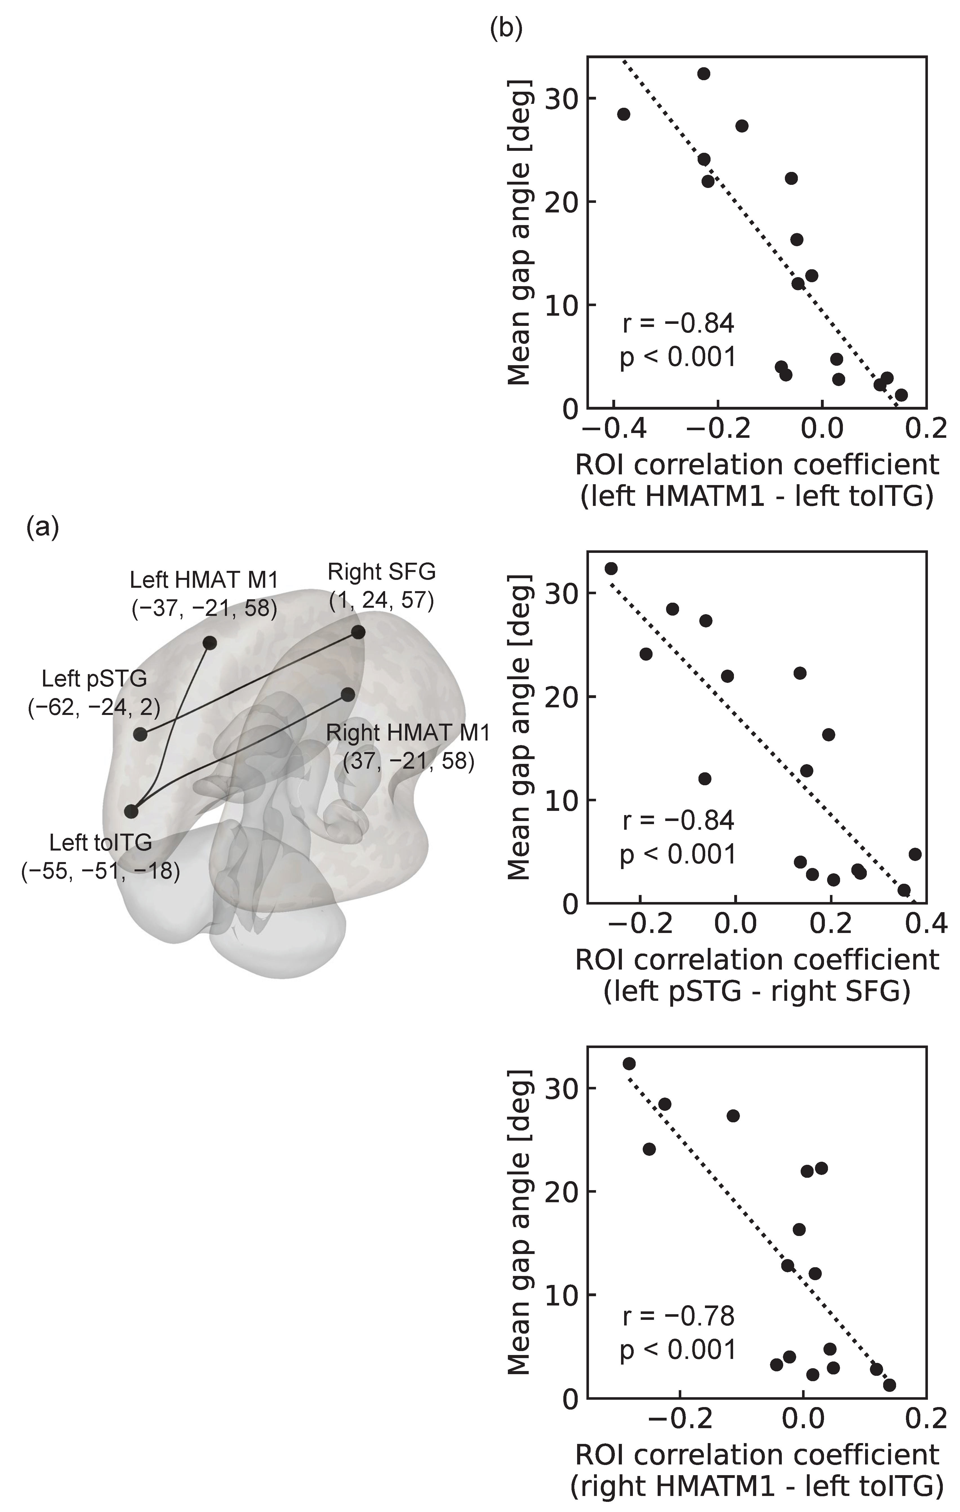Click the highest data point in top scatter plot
(x=704, y=73)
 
